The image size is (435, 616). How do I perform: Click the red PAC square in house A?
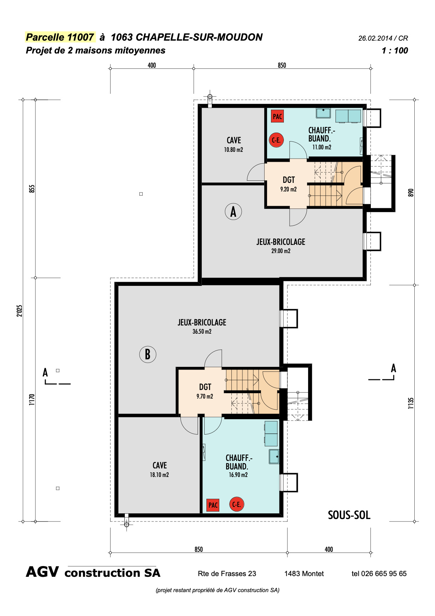click(x=277, y=116)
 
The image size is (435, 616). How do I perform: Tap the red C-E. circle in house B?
click(x=236, y=504)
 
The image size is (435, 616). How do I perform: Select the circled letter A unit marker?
click(x=233, y=211)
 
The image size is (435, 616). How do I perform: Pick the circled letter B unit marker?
click(x=148, y=354)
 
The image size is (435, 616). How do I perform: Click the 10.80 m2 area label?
click(x=234, y=150)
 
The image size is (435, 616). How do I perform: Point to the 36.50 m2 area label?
click(x=202, y=332)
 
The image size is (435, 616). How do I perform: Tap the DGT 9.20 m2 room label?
click(x=289, y=184)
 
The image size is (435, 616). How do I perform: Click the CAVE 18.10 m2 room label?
click(x=159, y=469)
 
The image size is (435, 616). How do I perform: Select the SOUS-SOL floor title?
click(x=349, y=515)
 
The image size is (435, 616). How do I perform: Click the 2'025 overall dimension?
click(x=20, y=310)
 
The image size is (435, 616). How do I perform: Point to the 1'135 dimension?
click(x=411, y=403)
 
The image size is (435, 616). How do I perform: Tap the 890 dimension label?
click(x=411, y=192)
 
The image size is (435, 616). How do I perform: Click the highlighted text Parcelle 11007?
click(x=60, y=37)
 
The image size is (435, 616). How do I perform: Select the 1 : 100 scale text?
click(x=395, y=51)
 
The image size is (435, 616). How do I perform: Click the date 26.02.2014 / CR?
click(x=383, y=38)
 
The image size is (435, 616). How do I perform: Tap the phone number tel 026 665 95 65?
click(x=379, y=574)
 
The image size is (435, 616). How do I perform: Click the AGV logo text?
click(x=42, y=572)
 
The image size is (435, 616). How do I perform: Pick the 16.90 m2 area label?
click(x=238, y=475)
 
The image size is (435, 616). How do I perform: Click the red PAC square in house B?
click(x=213, y=505)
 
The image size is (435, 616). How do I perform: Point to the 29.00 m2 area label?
click(x=281, y=251)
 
